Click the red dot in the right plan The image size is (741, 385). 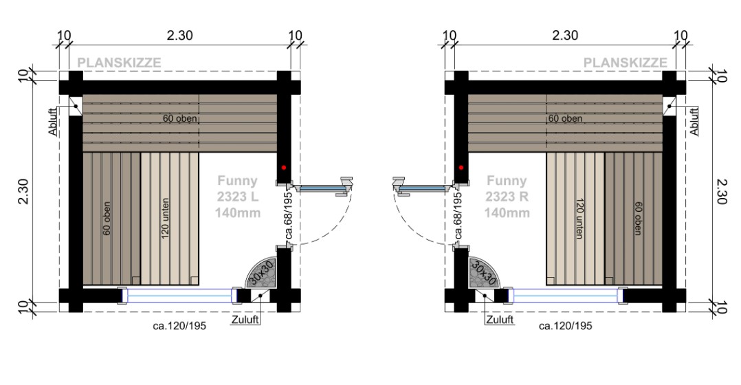click(x=462, y=167)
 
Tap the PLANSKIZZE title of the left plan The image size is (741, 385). click(x=119, y=63)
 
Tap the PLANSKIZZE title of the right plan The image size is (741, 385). click(x=625, y=63)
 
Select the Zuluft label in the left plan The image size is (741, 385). click(x=245, y=320)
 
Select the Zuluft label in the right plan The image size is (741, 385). click(x=500, y=320)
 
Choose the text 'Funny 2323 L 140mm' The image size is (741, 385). click(x=239, y=197)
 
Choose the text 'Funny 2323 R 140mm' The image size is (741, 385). click(x=507, y=197)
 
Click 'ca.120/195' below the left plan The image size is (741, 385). click(x=179, y=326)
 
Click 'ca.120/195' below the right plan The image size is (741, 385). click(x=565, y=326)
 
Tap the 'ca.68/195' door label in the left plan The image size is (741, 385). click(x=289, y=215)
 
